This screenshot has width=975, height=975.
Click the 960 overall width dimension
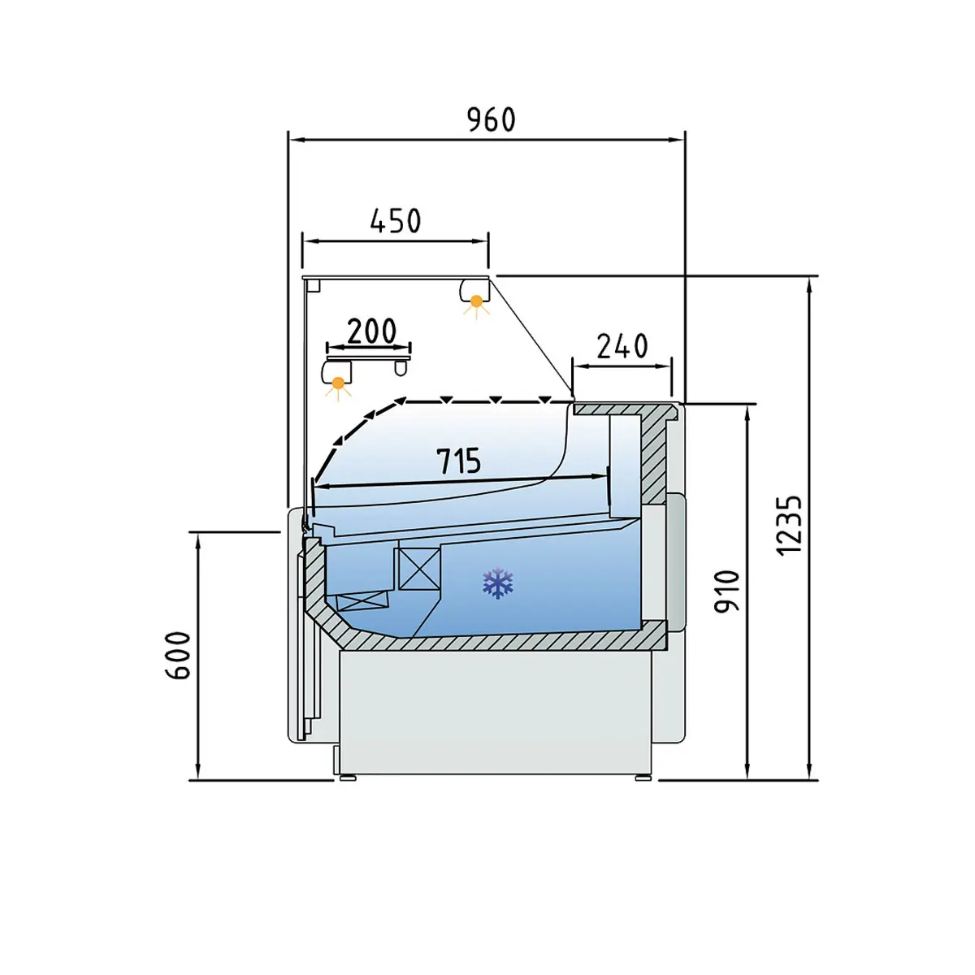coord(491,120)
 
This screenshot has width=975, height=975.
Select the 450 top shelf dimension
coord(395,221)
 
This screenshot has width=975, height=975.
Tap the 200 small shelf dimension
coord(371,331)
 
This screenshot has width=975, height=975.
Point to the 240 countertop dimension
coord(622,346)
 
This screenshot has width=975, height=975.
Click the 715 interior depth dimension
coord(458,461)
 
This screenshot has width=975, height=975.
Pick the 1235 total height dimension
coord(789,526)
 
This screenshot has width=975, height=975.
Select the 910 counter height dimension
coord(727,592)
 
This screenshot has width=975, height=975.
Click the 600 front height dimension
coord(178,655)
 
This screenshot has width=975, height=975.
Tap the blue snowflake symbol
coord(498,583)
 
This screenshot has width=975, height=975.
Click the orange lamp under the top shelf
coord(476,301)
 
